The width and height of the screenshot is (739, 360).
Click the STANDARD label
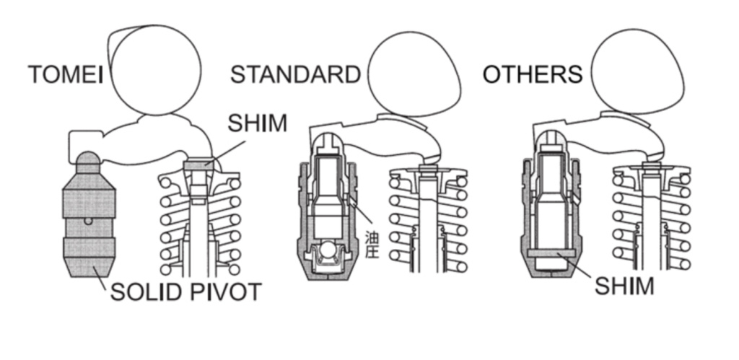tap(295, 74)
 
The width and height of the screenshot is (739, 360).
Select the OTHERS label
tap(533, 74)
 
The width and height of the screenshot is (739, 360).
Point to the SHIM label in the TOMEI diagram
tap(256, 123)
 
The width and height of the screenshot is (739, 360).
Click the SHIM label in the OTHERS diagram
tap(624, 285)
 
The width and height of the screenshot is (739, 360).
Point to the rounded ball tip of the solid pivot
tap(88, 160)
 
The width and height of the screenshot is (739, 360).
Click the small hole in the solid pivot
tap(88, 220)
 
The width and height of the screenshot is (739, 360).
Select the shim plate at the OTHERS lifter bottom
tap(551, 253)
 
